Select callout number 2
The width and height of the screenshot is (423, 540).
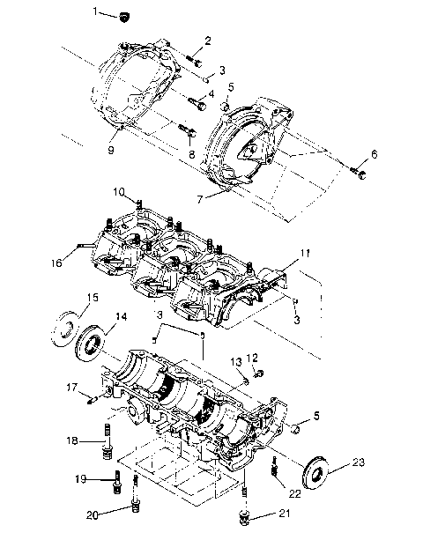208,40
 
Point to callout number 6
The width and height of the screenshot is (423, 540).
374,154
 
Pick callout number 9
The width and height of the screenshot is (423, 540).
111,151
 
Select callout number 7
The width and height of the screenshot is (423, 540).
200,198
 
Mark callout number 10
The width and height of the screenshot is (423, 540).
119,191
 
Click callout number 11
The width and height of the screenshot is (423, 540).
304,253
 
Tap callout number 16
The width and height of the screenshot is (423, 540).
56,262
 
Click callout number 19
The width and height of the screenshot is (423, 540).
80,479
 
